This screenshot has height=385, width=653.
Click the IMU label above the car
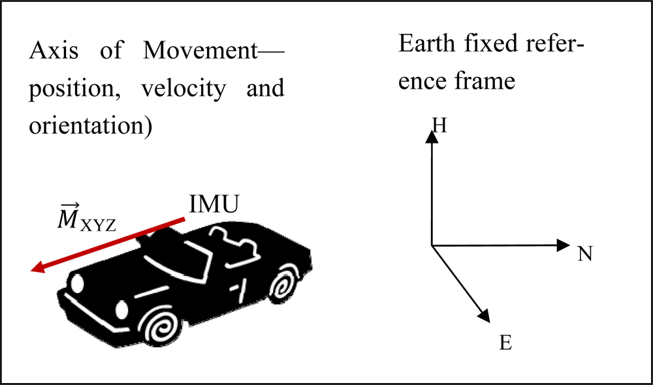(x=214, y=206)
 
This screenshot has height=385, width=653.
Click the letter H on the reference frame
(x=440, y=125)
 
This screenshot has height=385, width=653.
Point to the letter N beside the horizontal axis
(x=584, y=254)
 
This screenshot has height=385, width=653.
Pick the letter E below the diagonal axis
(x=505, y=342)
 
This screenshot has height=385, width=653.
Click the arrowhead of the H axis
(x=431, y=136)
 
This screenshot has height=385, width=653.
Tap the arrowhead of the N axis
(x=564, y=245)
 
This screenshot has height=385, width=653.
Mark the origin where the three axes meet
(x=432, y=245)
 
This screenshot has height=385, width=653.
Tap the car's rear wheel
(x=282, y=286)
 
